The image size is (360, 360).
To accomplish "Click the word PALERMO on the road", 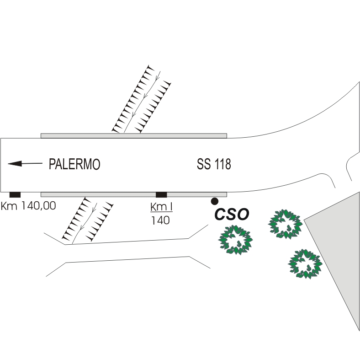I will coord(74,164).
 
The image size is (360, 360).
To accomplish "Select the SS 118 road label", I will coord(214,164).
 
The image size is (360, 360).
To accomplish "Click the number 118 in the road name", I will coord(222,164).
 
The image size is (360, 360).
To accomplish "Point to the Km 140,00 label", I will coord(28,206).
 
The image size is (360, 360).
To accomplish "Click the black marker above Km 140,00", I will coord(15,195).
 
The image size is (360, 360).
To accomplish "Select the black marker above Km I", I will coord(161,195).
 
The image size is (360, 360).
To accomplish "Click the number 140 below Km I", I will coord(161,220).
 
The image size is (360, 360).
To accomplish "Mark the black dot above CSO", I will coord(214,201).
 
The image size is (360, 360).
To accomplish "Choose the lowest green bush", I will coord(305,263).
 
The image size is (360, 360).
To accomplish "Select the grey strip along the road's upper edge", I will coord(133,135).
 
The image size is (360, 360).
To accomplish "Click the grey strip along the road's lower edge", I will coord(114,194).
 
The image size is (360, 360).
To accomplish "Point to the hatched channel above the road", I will coord(142,99).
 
